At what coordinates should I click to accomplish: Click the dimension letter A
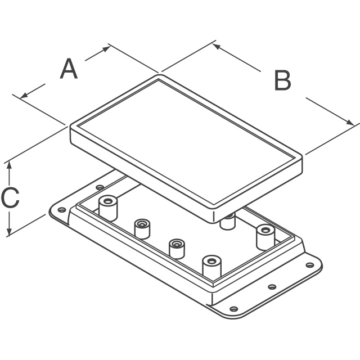[69, 69]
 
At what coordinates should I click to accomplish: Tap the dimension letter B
[282, 80]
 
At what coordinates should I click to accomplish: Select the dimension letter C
[10, 197]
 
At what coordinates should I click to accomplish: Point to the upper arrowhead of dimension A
[106, 49]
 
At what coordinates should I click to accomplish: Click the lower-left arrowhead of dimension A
[24, 95]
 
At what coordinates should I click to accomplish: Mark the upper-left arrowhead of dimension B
[217, 46]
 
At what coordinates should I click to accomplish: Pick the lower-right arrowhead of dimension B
[350, 123]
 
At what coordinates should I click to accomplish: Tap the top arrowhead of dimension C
[9, 165]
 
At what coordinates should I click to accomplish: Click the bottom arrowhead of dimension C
[9, 231]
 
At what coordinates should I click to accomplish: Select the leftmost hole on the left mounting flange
[61, 210]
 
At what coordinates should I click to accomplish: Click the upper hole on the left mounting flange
[100, 187]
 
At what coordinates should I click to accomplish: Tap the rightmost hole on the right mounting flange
[310, 265]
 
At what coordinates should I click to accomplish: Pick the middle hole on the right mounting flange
[272, 287]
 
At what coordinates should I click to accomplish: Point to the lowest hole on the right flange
[234, 309]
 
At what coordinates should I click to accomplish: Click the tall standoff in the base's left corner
[108, 208]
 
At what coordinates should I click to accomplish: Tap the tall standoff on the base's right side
[265, 237]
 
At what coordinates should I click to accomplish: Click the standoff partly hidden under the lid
[227, 221]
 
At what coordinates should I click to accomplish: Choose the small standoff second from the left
[142, 229]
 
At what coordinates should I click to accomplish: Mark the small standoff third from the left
[177, 249]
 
